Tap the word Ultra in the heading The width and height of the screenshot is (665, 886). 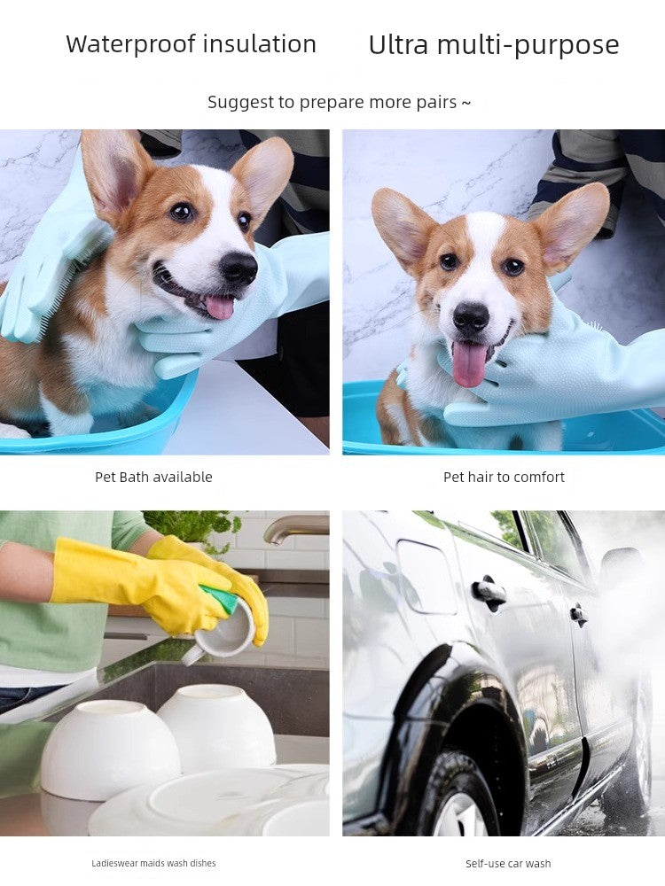click(398, 44)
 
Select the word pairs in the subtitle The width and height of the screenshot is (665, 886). click(436, 103)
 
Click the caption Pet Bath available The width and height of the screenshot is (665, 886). click(153, 477)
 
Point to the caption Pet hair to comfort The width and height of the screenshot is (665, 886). click(504, 477)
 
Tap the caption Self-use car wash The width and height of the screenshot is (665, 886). click(508, 863)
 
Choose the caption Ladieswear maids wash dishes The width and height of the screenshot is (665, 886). click(153, 863)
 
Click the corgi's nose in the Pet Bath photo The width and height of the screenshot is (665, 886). click(238, 267)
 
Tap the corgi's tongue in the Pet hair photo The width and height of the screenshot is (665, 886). click(469, 362)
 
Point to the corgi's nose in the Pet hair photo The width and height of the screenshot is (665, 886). click(471, 316)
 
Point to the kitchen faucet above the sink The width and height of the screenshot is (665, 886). click(293, 527)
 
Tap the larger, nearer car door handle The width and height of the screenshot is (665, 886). click(489, 592)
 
